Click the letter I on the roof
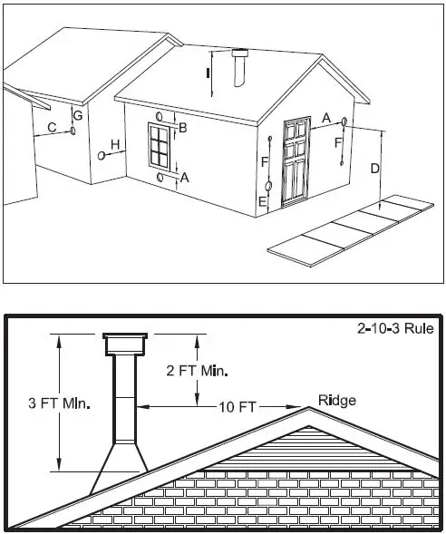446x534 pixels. tap(208, 71)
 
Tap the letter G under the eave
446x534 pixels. tap(78, 116)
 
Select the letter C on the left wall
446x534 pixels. tap(52, 128)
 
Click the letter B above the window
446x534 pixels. tap(182, 129)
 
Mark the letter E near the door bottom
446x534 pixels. tap(263, 201)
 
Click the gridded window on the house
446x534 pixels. tap(160, 145)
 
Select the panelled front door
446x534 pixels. tap(296, 161)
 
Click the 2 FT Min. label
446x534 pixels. tap(198, 371)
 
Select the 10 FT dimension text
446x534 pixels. tap(237, 407)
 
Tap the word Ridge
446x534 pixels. tap(337, 400)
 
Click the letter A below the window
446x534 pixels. tap(185, 178)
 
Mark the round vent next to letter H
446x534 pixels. tap(101, 155)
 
